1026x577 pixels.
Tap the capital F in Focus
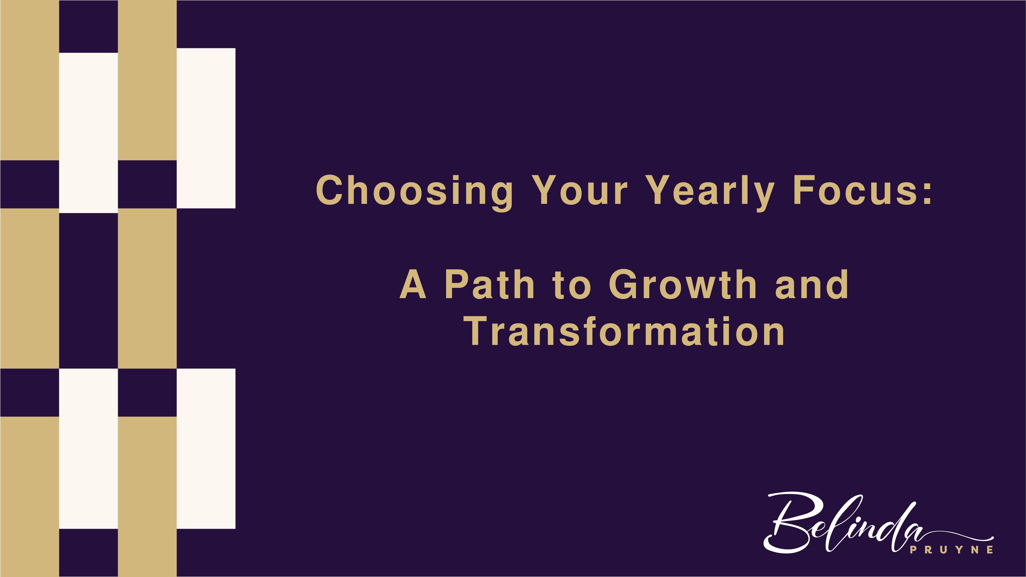[805, 190]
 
